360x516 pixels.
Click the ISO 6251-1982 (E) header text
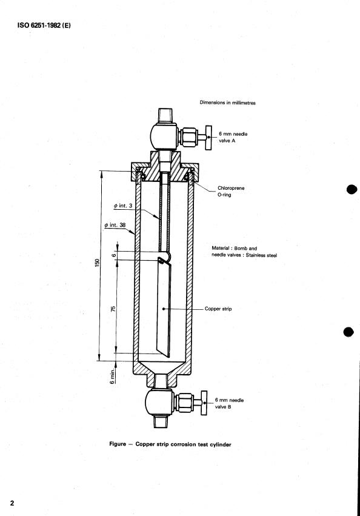(44, 25)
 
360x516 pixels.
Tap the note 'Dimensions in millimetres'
(227, 102)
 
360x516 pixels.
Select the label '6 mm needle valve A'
(233, 137)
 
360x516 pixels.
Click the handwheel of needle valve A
(208, 138)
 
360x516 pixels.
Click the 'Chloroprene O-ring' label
(231, 191)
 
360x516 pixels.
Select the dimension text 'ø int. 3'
(123, 206)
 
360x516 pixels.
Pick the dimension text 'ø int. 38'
(115, 225)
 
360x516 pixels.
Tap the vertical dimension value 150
(97, 263)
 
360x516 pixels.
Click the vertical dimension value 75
(113, 309)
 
